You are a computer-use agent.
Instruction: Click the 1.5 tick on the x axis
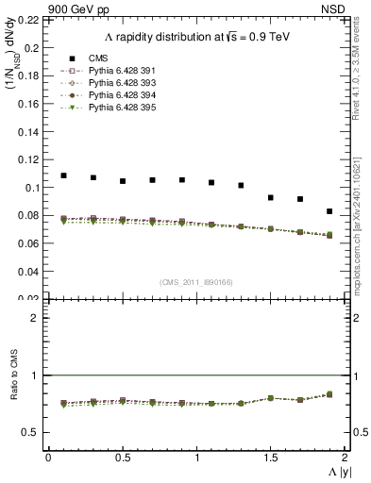[x=270, y=458]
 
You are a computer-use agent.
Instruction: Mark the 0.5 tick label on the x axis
[x=122, y=458]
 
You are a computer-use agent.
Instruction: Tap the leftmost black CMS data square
[x=63, y=175]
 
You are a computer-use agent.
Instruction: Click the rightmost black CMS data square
[x=329, y=211]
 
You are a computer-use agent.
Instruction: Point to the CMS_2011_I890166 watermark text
[x=195, y=281]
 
